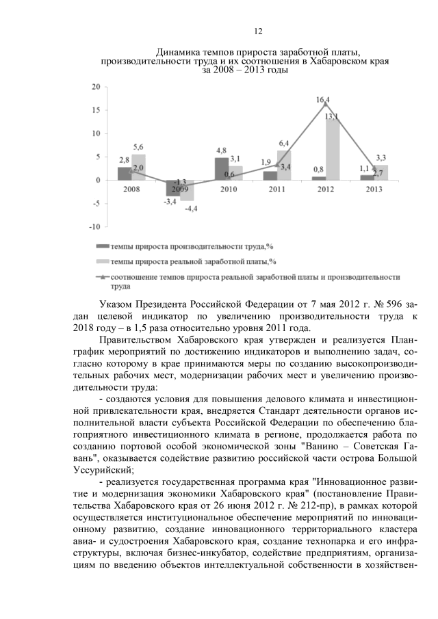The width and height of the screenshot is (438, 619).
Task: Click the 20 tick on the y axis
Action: pyautogui.click(x=96, y=87)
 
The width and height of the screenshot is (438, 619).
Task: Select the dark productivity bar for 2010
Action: pyautogui.click(x=221, y=168)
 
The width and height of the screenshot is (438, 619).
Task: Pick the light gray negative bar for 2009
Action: pyautogui.click(x=187, y=191)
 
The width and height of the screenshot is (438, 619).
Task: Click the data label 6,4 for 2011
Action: pyautogui.click(x=283, y=143)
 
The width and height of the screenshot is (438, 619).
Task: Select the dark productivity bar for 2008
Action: pyautogui.click(x=124, y=173)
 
